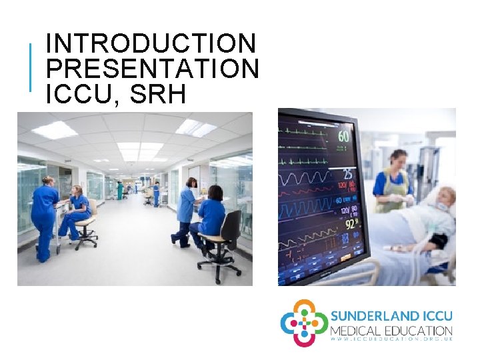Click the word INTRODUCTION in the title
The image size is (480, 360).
[151, 43]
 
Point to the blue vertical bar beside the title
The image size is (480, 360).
[30, 67]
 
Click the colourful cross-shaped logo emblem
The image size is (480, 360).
[303, 323]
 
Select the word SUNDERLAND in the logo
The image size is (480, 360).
[375, 315]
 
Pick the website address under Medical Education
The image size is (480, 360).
[391, 340]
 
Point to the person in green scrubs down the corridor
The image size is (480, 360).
[120, 190]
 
